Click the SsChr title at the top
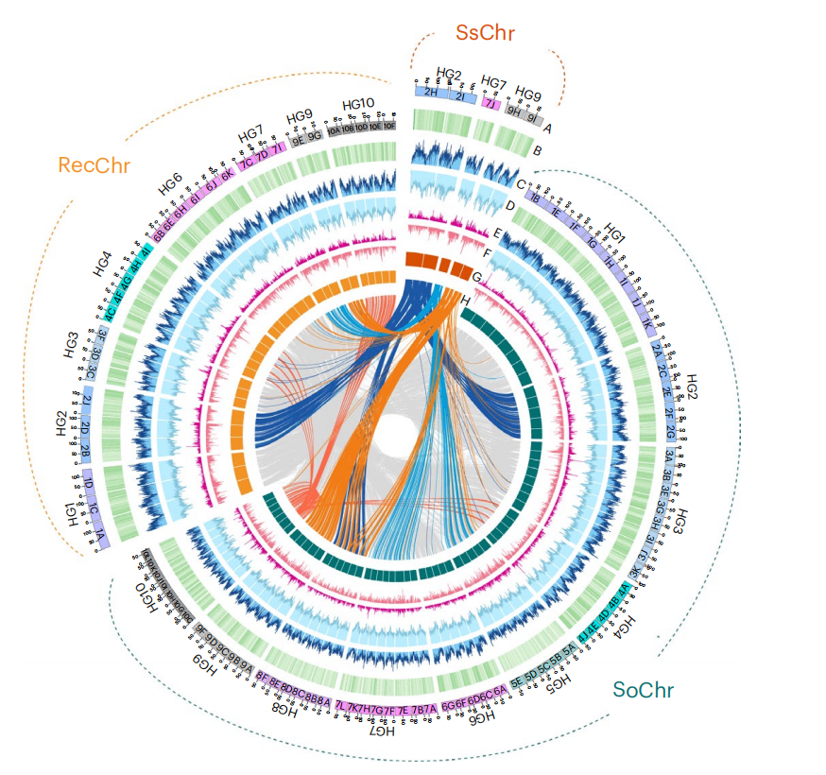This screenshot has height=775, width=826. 485,33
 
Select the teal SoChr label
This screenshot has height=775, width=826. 643,689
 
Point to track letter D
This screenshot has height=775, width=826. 508,205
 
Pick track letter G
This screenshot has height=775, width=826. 477,277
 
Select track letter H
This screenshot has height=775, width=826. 466,301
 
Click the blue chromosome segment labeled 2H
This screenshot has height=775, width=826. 431,92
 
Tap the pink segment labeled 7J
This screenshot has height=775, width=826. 490,104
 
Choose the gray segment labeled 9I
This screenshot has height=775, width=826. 533,118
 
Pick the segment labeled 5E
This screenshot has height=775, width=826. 517,678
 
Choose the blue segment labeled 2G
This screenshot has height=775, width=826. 668,432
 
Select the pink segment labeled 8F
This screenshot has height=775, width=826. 263,675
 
